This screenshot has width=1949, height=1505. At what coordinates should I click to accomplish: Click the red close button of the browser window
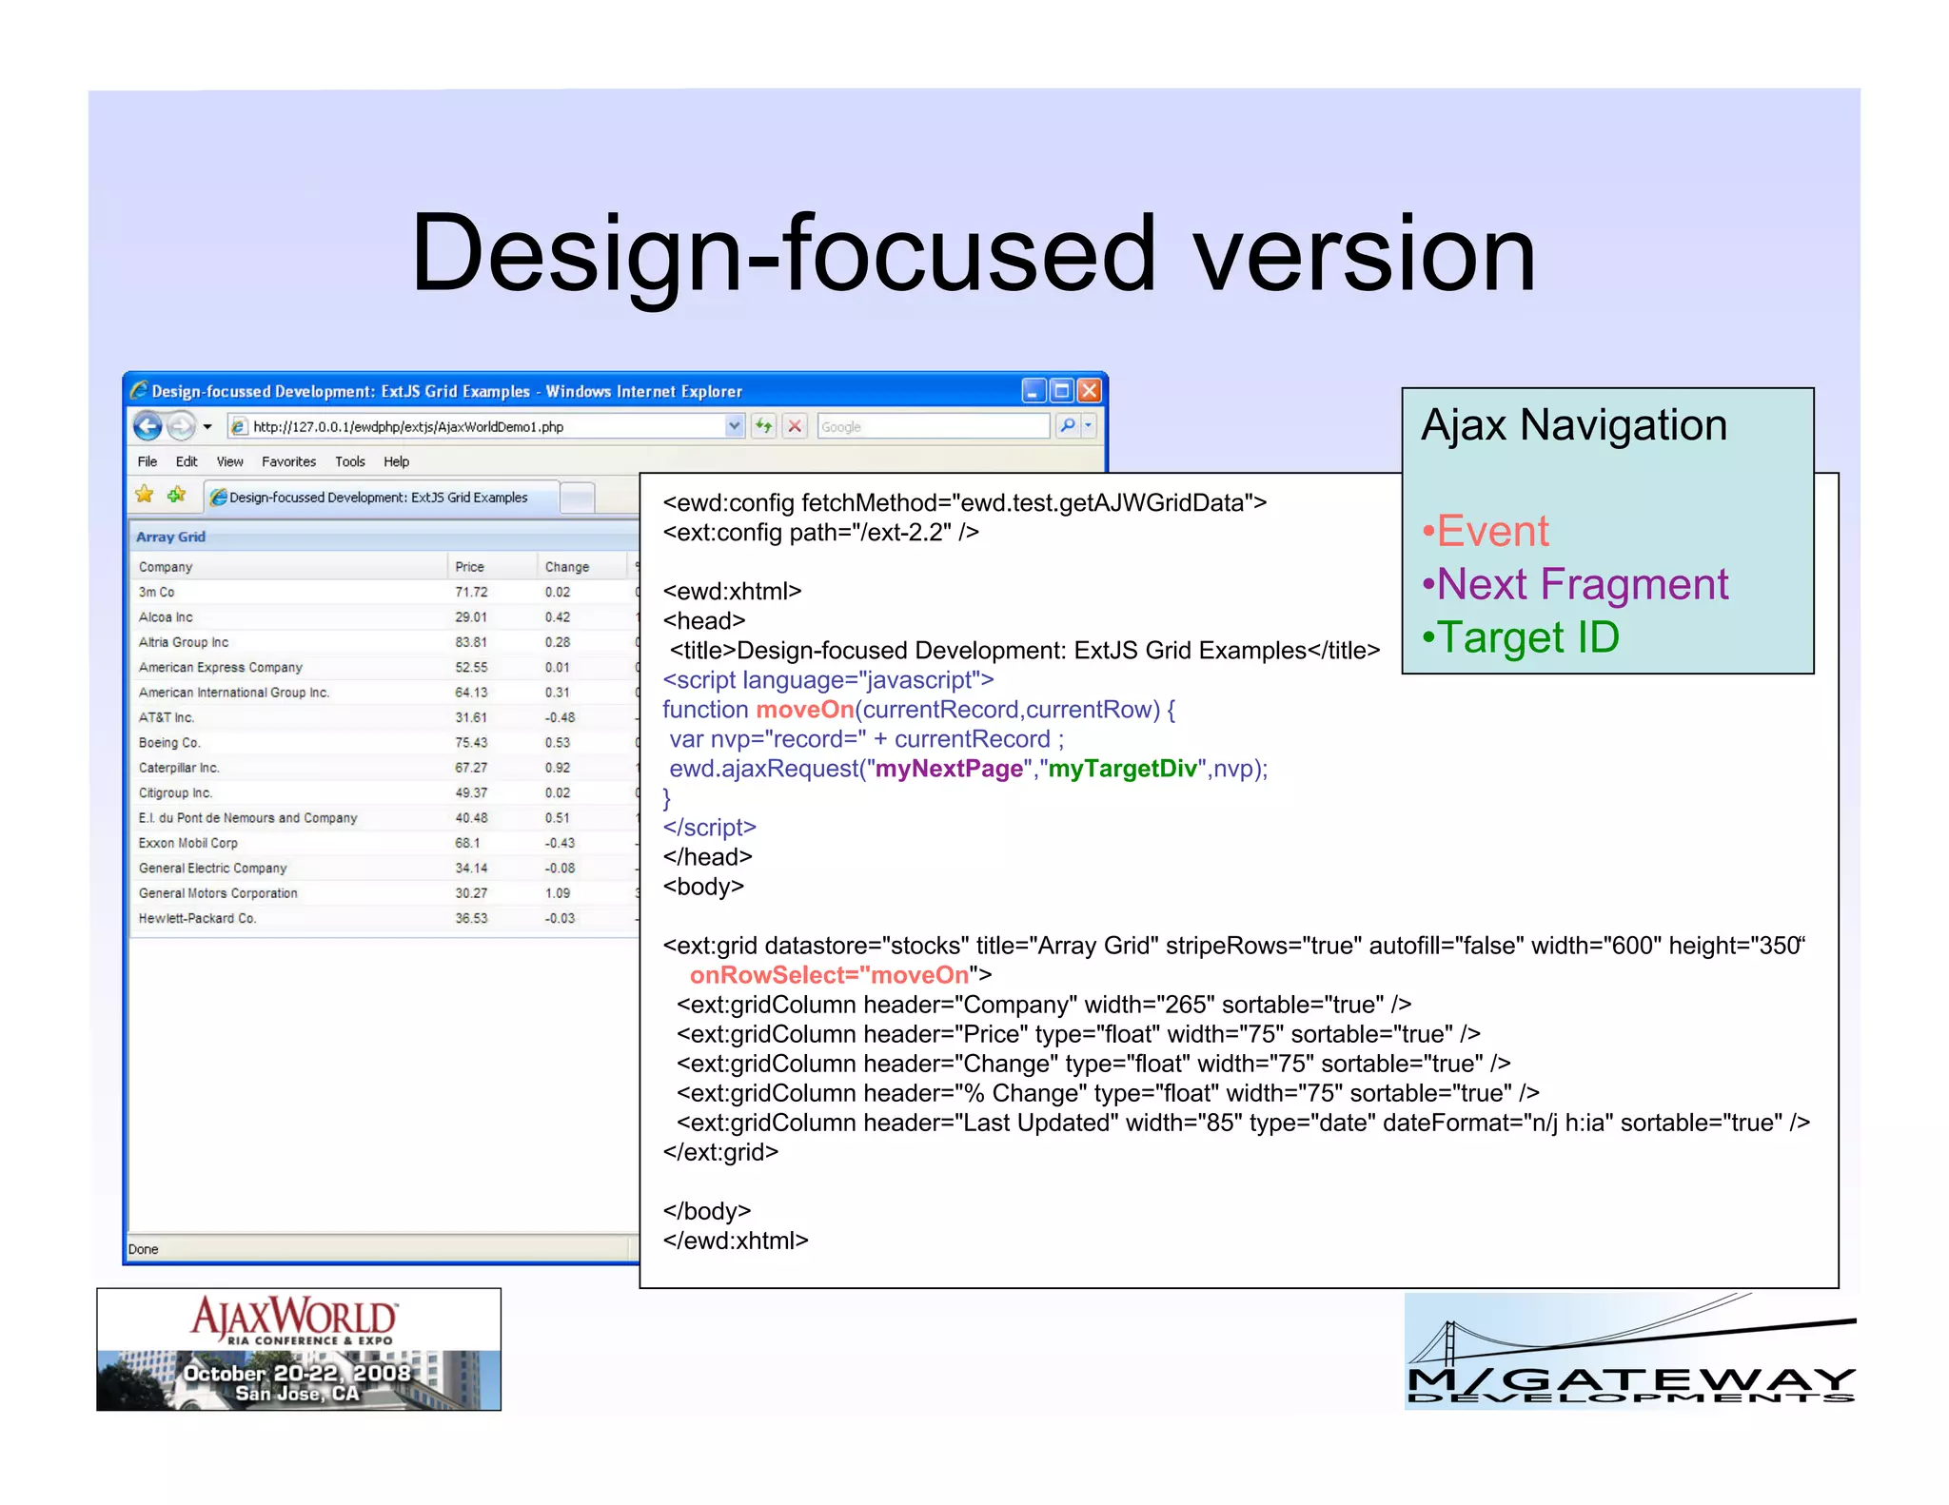click(1090, 390)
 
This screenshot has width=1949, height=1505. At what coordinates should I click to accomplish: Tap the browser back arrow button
click(148, 426)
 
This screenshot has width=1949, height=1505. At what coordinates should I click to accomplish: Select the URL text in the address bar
click(408, 427)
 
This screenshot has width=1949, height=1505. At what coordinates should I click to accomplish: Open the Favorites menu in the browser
click(288, 461)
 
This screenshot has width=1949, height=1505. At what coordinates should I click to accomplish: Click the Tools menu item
click(349, 461)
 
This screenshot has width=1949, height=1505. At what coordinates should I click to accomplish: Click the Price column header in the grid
click(469, 567)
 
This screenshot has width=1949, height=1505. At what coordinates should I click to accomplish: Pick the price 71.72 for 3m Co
click(471, 592)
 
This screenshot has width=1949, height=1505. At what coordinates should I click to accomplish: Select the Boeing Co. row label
click(169, 743)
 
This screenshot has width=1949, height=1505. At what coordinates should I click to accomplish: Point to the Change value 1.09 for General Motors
click(558, 893)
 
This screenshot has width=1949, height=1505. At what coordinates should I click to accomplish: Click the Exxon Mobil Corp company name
click(188, 843)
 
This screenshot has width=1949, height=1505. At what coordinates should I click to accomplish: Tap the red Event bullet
click(1486, 531)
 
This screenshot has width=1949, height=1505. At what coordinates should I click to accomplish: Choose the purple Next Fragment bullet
click(1575, 584)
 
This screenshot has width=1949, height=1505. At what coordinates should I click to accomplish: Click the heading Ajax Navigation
click(1573, 424)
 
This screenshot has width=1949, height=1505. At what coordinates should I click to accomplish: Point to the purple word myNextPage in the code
click(949, 769)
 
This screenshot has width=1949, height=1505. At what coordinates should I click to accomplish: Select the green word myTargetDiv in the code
click(1122, 769)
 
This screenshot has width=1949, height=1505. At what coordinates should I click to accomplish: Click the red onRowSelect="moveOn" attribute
click(829, 975)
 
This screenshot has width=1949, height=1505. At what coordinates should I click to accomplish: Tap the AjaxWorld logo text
click(295, 1319)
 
